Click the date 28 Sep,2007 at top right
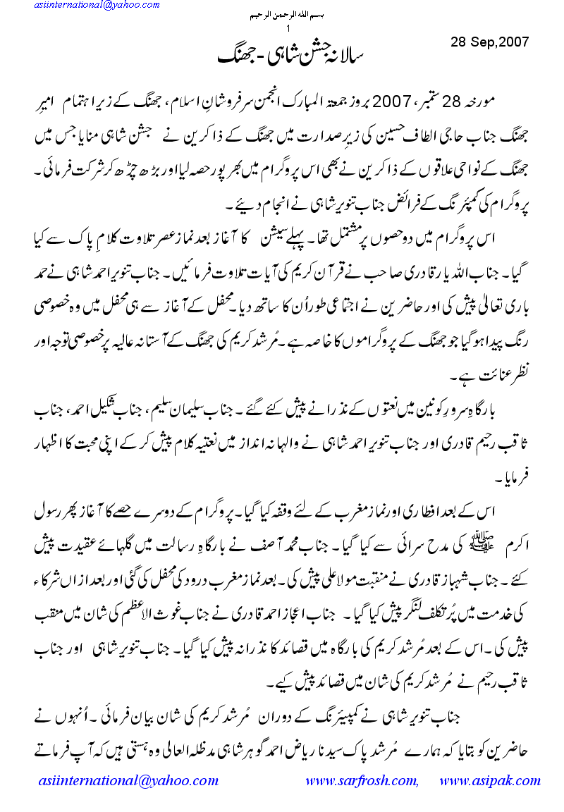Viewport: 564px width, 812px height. click(489, 42)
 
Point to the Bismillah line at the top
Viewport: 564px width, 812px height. click(289, 15)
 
